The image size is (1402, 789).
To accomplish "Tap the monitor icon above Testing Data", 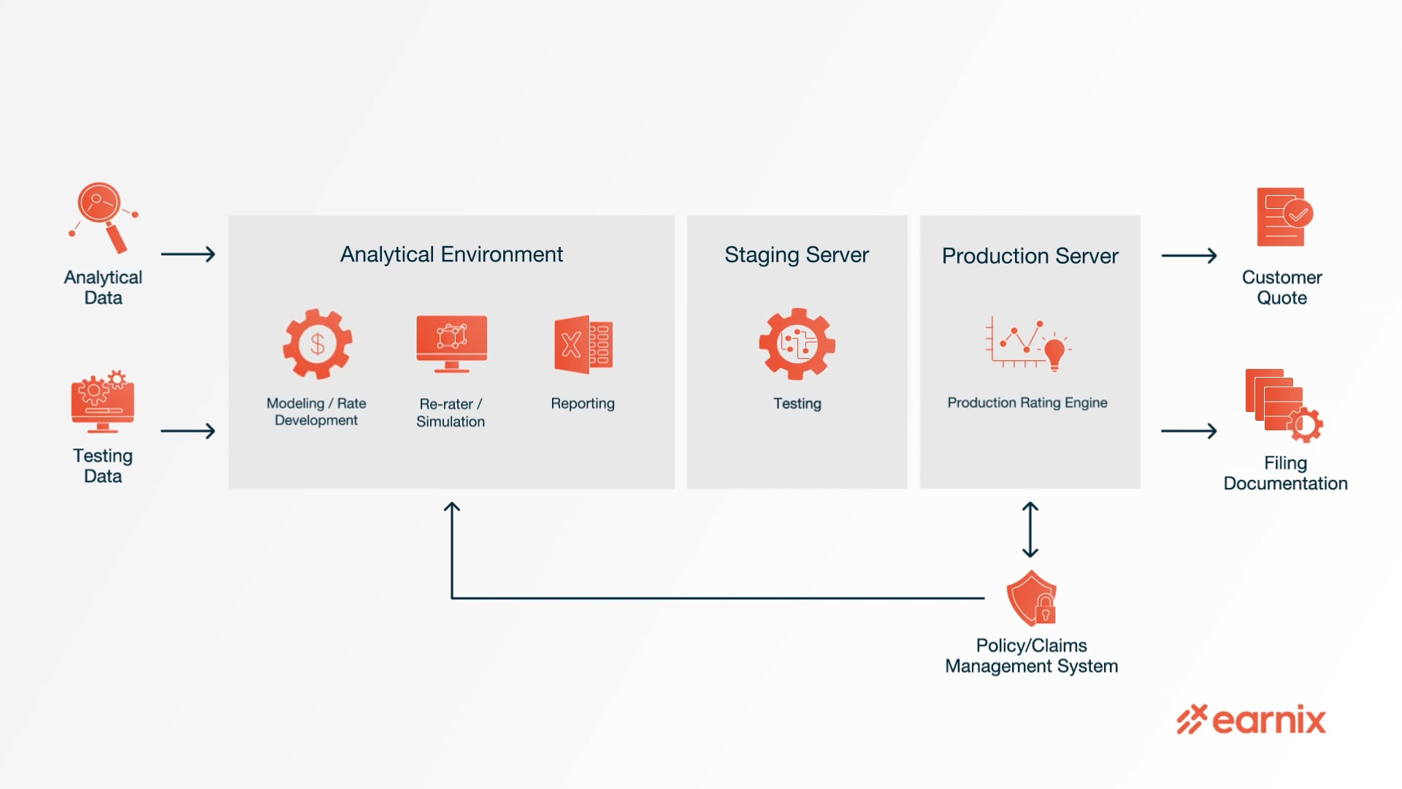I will pos(102,401).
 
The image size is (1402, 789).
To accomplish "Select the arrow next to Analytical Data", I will pos(188,254).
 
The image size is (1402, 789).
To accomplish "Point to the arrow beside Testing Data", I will pos(188,431).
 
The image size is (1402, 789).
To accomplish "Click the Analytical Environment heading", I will pos(451,254).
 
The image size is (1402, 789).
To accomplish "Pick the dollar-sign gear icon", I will pos(318,343).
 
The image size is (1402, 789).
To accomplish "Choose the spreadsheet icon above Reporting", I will pos(583,344).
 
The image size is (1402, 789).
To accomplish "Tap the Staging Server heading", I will pos(797,255).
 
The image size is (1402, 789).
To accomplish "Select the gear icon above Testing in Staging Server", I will pos(797,343).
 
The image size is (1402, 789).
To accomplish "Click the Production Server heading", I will pos(1030,256).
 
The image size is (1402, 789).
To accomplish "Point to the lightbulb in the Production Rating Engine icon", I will pos(1054,353).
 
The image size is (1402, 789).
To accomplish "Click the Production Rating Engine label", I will pos(1027,403).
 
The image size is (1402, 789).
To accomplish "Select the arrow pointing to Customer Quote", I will pos(1189,256).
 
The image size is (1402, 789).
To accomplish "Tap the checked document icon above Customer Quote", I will pos(1284,217).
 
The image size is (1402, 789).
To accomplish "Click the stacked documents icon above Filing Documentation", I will pos(1282,405).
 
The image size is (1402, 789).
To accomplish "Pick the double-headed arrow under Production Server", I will pos(1030,530).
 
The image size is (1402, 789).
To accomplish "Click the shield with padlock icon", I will pos(1032,598).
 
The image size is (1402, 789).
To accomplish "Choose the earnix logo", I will pos(1251,720).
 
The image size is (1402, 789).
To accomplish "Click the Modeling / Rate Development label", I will pos(316,411).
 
